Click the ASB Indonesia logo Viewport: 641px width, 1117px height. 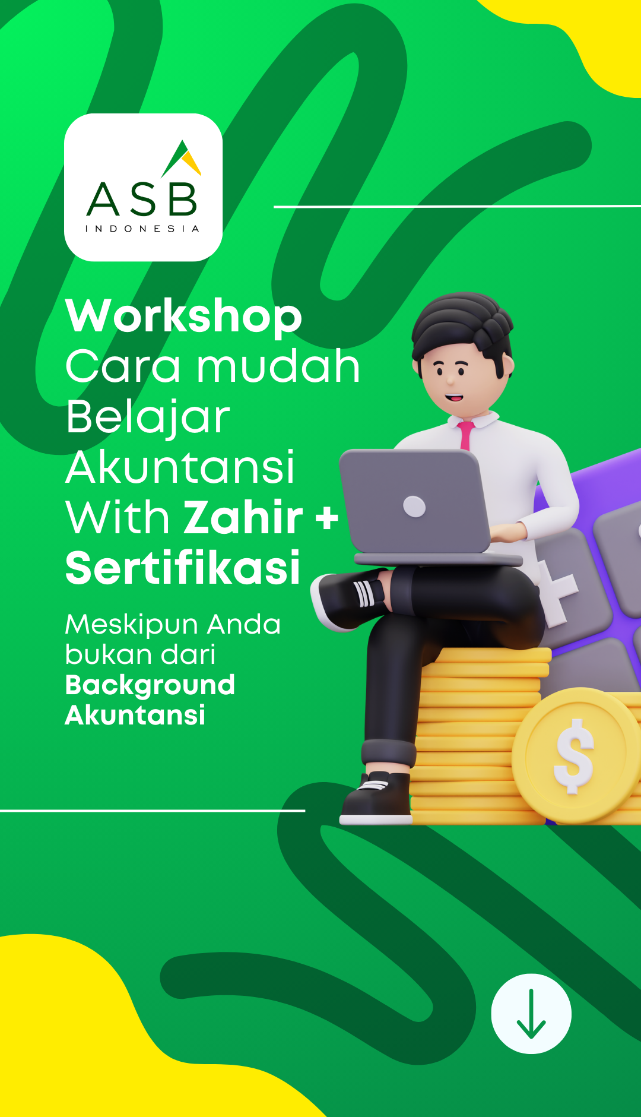143,187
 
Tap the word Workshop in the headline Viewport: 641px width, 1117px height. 184,317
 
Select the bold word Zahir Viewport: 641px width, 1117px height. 243,517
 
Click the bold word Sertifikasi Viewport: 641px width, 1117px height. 183,568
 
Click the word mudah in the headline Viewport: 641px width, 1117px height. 278,366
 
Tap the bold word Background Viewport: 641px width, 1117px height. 150,686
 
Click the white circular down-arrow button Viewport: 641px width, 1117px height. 531,1014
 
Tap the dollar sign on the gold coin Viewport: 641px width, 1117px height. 573,756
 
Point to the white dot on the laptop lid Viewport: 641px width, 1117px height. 414,507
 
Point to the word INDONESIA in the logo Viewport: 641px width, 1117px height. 142,229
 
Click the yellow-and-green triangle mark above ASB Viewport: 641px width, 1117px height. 182,159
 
